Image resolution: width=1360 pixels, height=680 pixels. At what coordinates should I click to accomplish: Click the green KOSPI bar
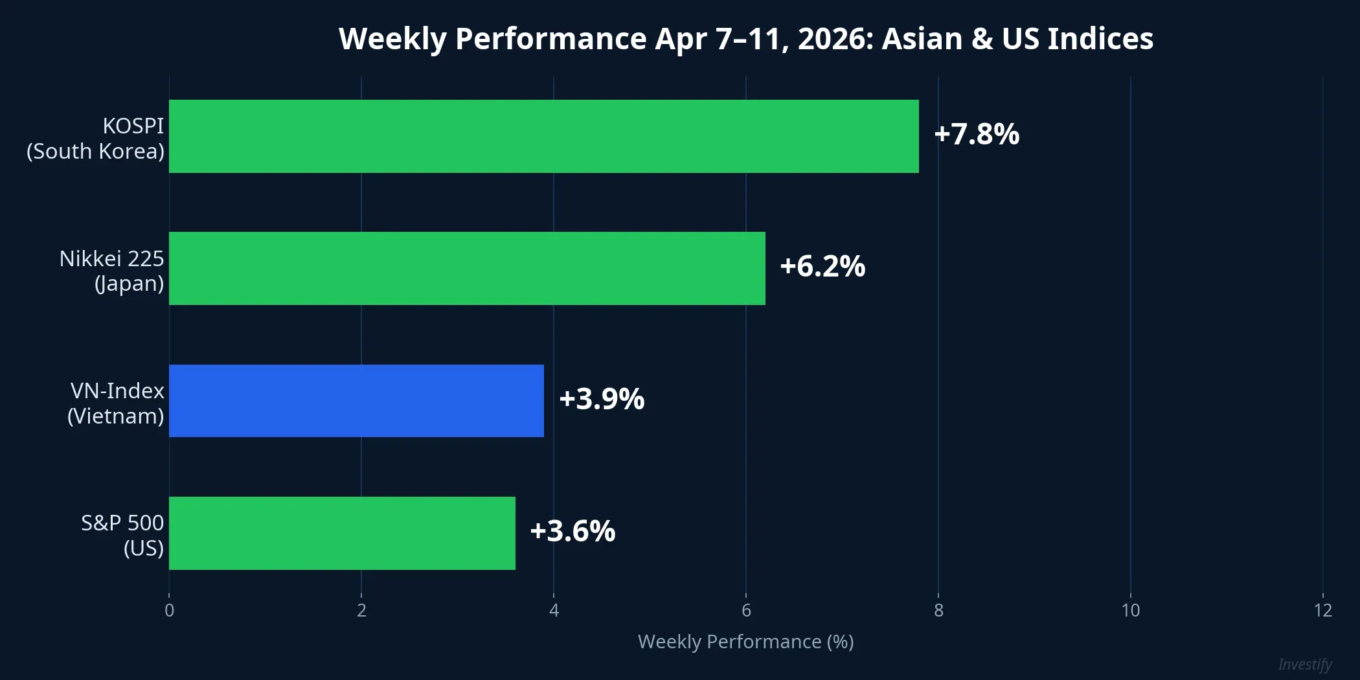544,136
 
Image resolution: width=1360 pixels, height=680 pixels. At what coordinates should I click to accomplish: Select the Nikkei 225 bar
467,268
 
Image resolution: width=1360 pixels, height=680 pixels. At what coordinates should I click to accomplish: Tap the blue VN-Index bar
356,401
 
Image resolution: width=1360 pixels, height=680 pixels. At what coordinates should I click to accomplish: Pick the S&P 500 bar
342,533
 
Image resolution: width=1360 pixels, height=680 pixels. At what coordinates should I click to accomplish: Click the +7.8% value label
977,134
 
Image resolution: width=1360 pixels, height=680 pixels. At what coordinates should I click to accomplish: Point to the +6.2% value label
822,267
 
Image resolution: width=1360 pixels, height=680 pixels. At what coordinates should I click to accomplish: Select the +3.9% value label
602,399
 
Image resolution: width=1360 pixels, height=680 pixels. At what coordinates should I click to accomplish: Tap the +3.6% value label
572,531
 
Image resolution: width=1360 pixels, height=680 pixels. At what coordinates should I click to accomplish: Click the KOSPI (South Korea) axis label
96,138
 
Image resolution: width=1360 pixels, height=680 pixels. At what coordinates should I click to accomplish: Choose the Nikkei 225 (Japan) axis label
112,271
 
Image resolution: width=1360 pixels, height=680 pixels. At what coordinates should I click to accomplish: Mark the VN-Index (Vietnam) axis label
117,403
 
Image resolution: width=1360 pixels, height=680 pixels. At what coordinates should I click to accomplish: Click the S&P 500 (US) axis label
122,535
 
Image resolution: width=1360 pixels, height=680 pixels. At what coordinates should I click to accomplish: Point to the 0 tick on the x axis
169,610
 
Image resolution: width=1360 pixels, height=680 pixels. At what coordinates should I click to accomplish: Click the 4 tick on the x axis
554,610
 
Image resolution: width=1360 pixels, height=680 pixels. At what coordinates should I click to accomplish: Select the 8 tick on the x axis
938,610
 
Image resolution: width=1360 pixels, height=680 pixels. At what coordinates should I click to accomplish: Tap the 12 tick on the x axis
1322,610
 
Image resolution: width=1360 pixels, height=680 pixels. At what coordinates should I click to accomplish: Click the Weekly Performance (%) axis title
745,641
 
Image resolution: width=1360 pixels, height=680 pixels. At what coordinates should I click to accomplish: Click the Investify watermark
1304,664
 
